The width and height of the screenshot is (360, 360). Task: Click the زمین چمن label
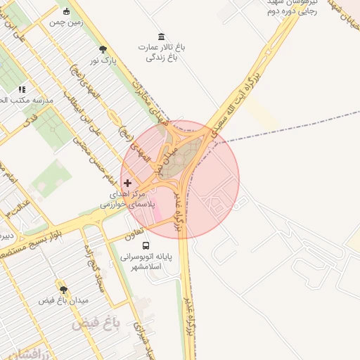click(66, 22)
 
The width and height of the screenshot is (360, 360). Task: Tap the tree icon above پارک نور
click(103, 49)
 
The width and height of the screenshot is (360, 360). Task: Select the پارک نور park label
click(103, 61)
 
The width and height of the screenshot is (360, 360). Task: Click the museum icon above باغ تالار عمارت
click(162, 37)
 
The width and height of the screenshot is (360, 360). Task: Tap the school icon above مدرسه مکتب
click(22, 90)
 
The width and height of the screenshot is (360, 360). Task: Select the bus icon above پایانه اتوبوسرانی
click(146, 245)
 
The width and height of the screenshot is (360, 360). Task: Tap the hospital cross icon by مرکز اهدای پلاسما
click(127, 183)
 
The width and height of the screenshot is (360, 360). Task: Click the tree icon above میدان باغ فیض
click(63, 290)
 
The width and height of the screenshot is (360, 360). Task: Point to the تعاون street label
click(135, 232)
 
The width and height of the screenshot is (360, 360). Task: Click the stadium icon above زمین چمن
click(66, 11)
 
